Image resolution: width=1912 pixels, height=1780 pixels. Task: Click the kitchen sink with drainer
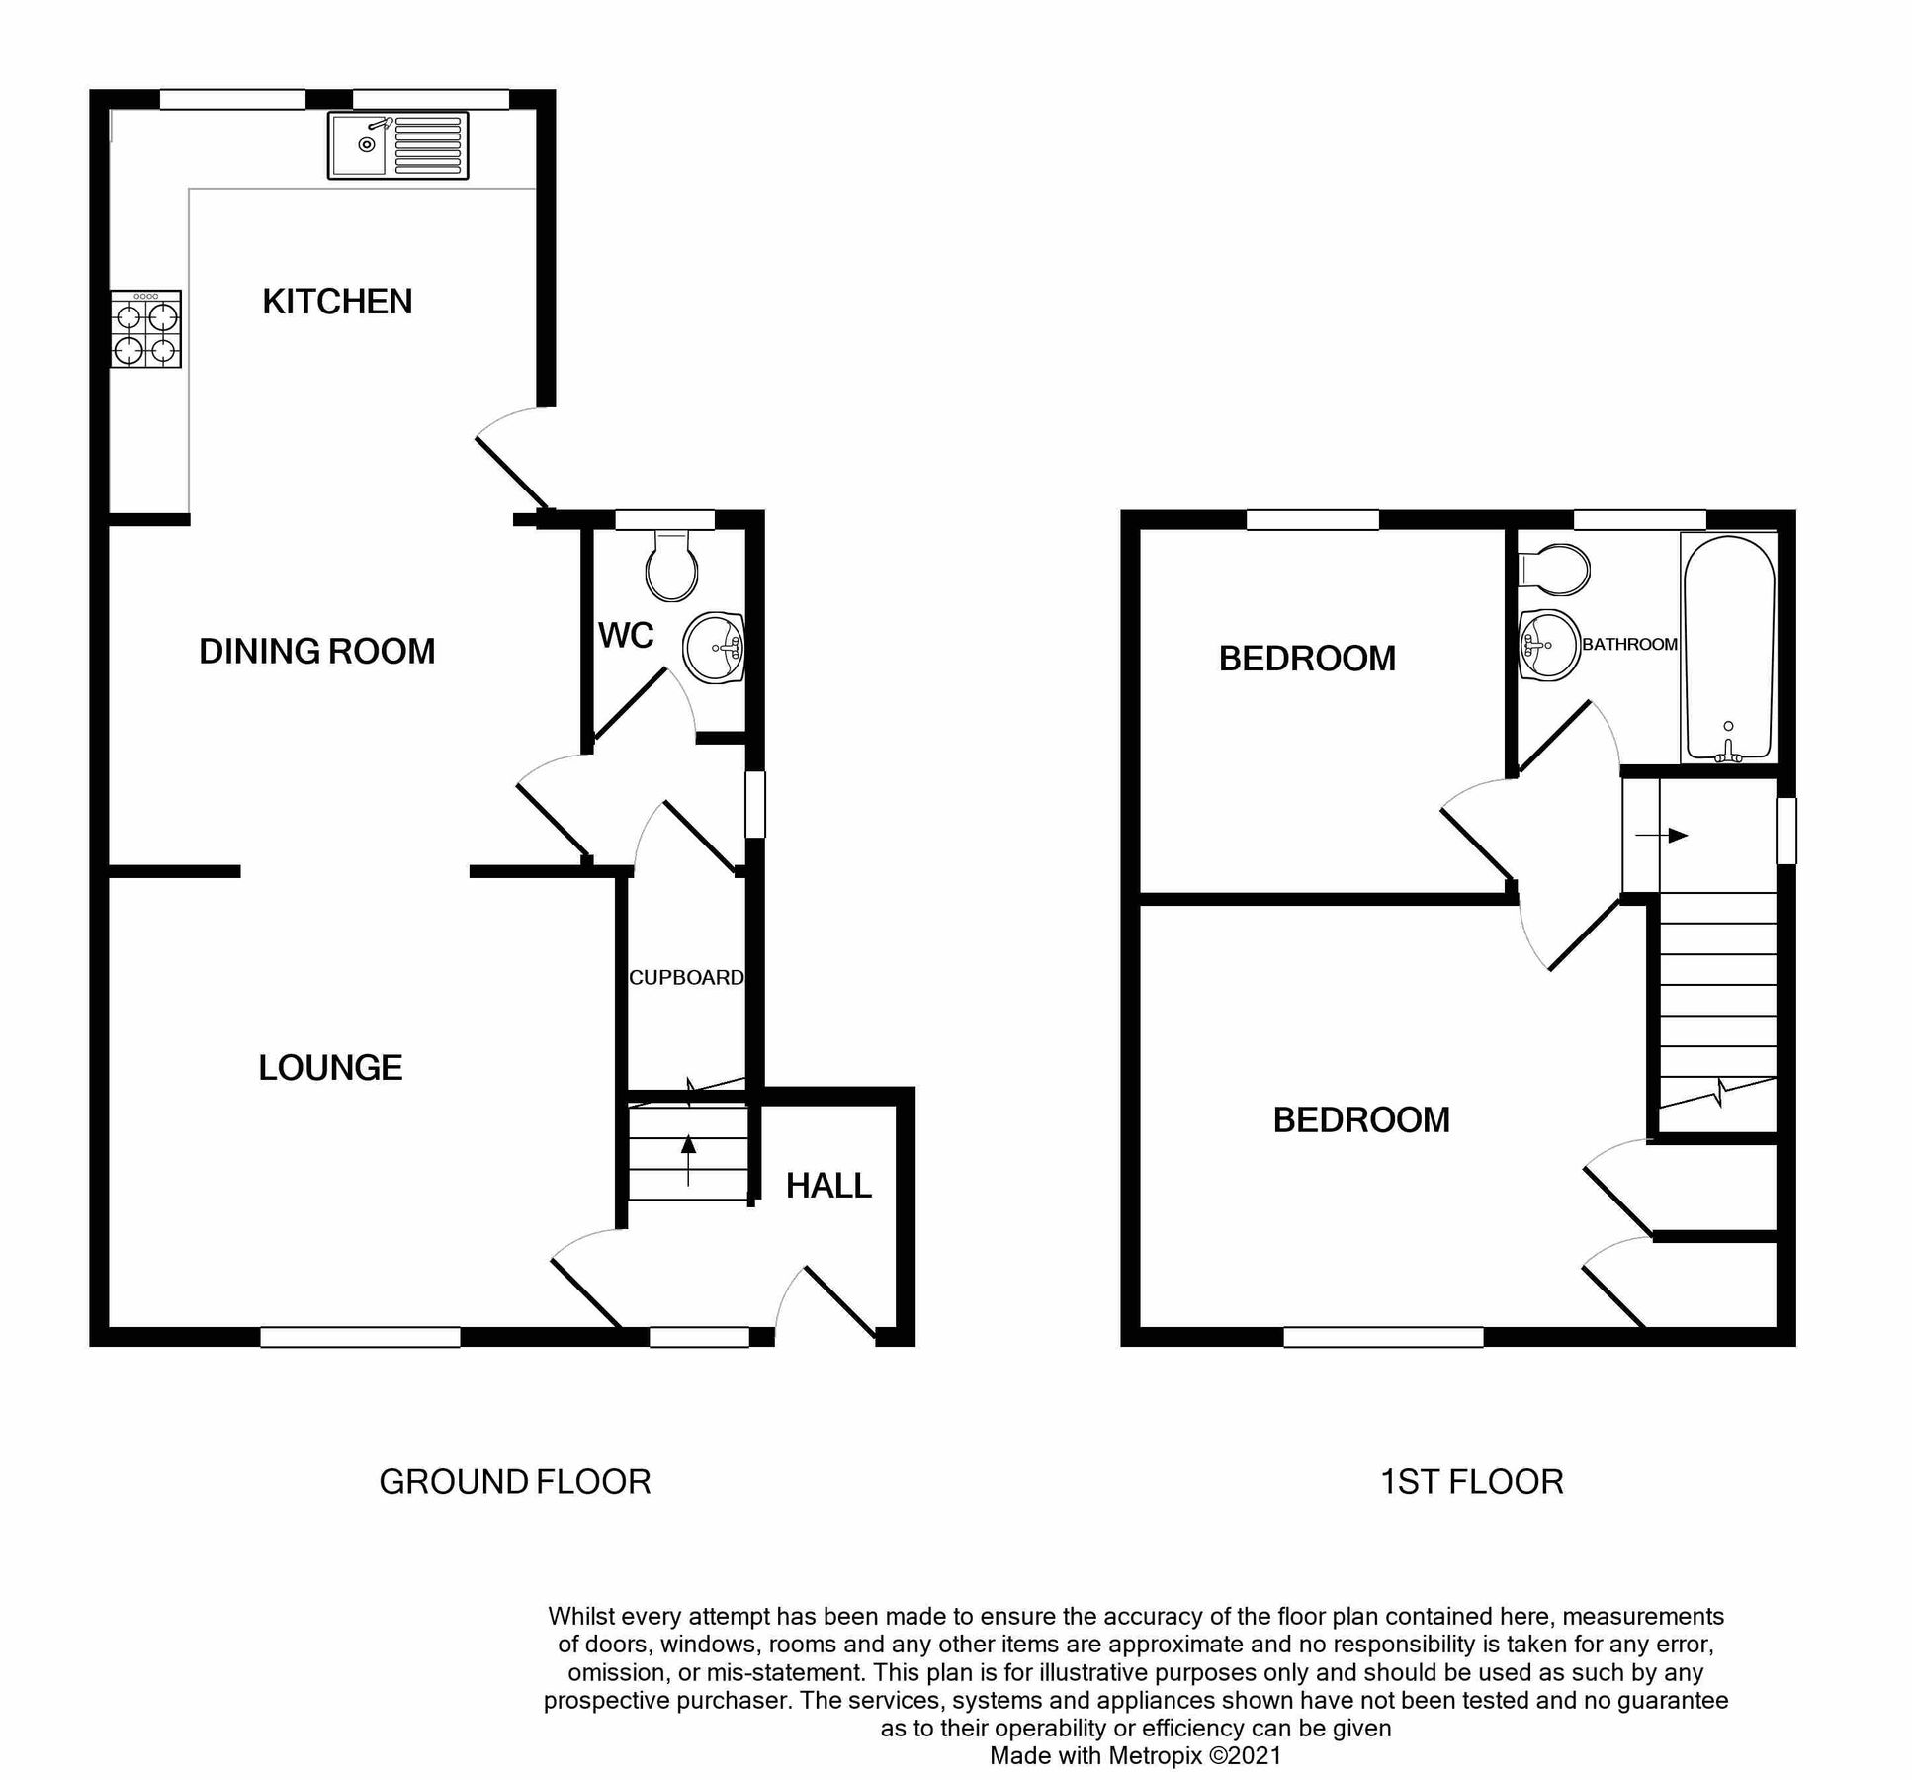pyautogui.click(x=397, y=145)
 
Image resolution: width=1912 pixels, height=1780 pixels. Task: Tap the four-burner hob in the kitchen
pyautogui.click(x=146, y=329)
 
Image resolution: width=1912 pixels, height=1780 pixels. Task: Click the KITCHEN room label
pyautogui.click(x=337, y=302)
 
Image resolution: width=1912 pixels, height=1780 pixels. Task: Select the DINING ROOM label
pyautogui.click(x=316, y=652)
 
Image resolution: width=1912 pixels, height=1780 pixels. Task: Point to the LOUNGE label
pyautogui.click(x=330, y=1068)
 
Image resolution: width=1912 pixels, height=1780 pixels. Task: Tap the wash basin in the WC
pyautogui.click(x=714, y=648)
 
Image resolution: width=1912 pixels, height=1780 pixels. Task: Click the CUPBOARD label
pyautogui.click(x=686, y=978)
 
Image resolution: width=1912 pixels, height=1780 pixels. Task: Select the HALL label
pyautogui.click(x=828, y=1186)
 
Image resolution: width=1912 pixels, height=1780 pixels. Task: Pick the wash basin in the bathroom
pyautogui.click(x=1547, y=645)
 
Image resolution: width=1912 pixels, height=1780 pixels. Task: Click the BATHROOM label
pyautogui.click(x=1629, y=645)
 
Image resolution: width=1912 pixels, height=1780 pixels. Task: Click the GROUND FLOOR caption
pyautogui.click(x=514, y=1482)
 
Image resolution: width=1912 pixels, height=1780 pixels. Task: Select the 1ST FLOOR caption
pyautogui.click(x=1471, y=1482)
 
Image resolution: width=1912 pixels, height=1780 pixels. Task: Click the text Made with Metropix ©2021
pyautogui.click(x=1135, y=1755)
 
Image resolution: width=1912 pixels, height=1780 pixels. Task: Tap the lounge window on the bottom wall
pyautogui.click(x=360, y=1337)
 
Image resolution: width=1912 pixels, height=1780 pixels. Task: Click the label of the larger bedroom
pyautogui.click(x=1360, y=1120)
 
